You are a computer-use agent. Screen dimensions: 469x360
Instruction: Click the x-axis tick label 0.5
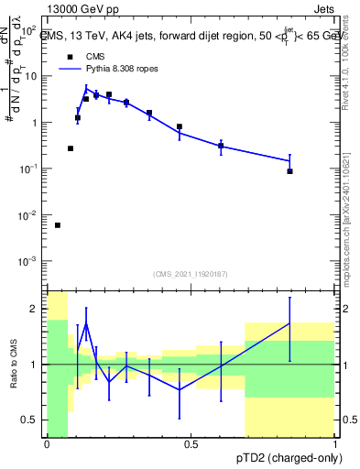(191, 444)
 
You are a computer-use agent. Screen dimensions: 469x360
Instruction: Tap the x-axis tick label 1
(335, 444)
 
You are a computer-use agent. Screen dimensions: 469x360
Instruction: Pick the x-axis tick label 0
(47, 444)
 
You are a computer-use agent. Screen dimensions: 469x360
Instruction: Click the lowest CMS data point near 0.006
(58, 225)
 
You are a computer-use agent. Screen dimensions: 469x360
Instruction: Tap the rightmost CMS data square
(289, 171)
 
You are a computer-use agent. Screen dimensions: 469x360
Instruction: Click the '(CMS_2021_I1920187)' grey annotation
(190, 273)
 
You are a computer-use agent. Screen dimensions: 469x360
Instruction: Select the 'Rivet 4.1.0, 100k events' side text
(350, 55)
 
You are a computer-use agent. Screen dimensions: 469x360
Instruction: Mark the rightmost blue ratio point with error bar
(289, 323)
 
